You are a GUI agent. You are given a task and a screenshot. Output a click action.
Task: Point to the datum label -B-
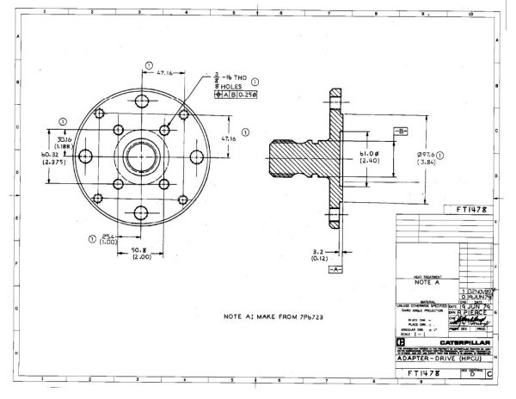[x=400, y=130]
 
